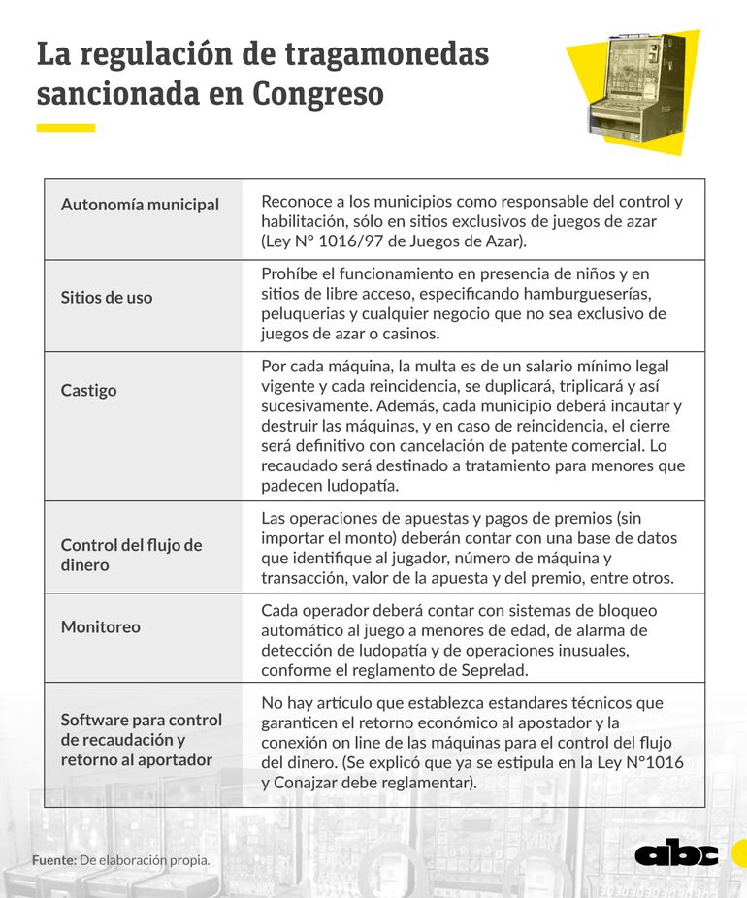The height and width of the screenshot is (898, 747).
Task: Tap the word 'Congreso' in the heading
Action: coord(318,94)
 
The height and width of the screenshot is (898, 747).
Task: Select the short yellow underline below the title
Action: coord(66,128)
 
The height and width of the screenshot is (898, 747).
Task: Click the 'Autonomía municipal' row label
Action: coord(140,205)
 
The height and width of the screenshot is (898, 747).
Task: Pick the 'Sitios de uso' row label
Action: coord(107,298)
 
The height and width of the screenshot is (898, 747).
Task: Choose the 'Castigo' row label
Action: coord(88,390)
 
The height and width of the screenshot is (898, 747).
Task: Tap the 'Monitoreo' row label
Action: coord(101,627)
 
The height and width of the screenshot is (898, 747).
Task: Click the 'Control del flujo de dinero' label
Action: coord(131,555)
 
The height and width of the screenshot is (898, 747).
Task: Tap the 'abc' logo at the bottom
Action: coord(677,852)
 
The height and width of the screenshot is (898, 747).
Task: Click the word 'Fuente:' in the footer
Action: coord(53,860)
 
